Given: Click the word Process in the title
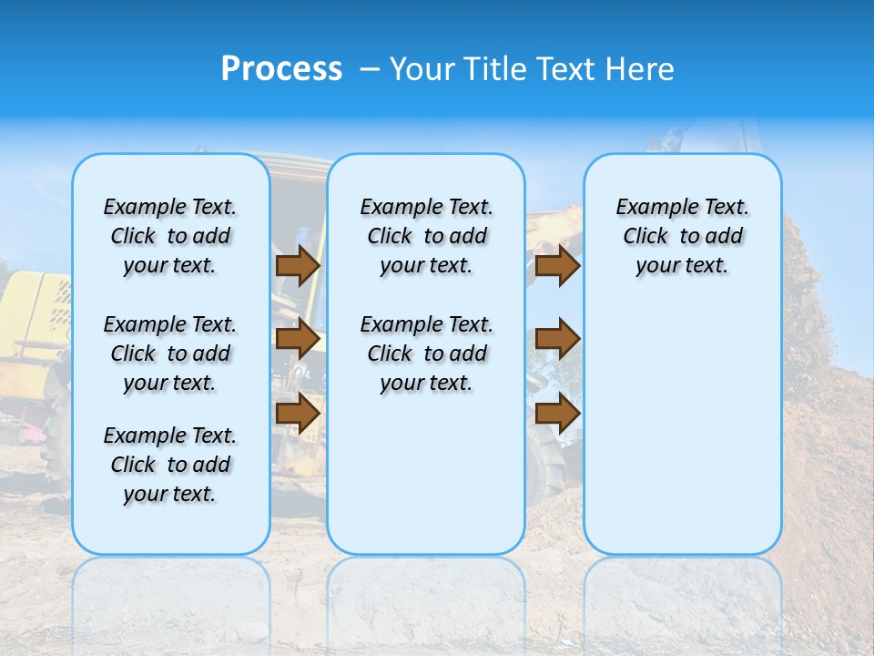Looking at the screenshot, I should (x=281, y=69).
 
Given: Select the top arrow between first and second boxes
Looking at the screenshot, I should (x=298, y=265).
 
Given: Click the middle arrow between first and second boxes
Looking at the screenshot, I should (x=298, y=339).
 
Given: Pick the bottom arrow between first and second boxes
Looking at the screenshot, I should (x=298, y=413).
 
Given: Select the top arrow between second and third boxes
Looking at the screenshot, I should (x=557, y=265).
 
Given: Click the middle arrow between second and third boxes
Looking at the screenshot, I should (x=557, y=339).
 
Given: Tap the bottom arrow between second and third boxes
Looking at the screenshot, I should (x=557, y=413).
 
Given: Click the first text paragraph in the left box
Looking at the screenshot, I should (x=170, y=236).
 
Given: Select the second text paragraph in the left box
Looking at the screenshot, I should (x=170, y=354).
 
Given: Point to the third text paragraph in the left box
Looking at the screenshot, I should (x=170, y=465).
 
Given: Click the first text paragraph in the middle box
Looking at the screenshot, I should (x=426, y=236).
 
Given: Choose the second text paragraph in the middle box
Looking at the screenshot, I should (x=426, y=354).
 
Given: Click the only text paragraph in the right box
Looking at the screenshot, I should (x=682, y=236).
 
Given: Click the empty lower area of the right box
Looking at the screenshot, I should (x=682, y=437).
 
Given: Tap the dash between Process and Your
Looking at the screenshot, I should (x=370, y=70).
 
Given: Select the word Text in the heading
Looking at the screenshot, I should (x=557, y=69).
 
